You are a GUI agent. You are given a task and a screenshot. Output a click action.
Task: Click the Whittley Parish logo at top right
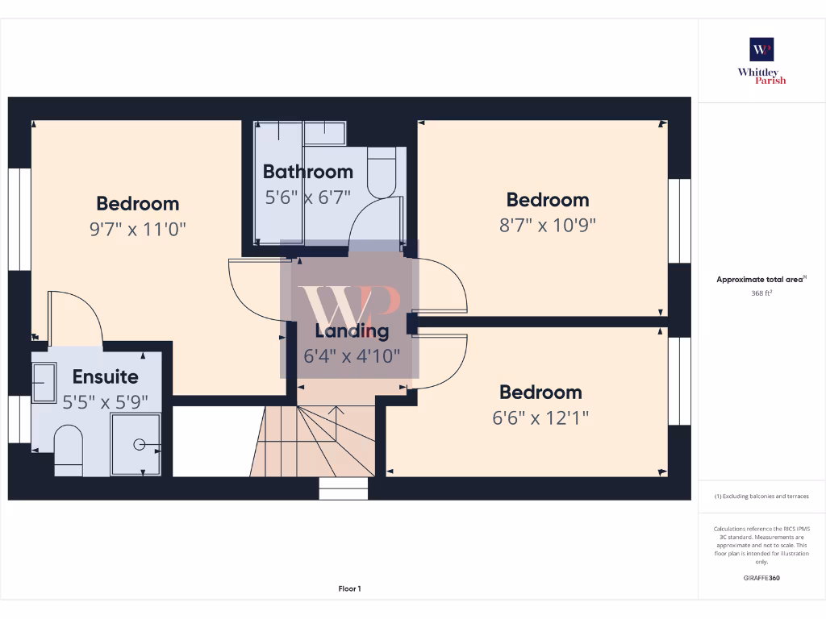pos(761,60)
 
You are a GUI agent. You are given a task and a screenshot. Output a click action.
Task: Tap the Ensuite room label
pos(105,376)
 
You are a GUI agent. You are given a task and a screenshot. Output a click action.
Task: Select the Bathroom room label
pos(307,172)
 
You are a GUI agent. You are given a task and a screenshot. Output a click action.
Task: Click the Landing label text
pos(351,330)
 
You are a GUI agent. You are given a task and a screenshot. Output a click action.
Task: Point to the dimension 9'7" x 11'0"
pos(137,228)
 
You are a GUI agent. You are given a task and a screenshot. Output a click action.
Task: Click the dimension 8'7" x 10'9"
pos(547,225)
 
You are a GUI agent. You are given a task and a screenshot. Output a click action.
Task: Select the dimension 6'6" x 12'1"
pos(540,418)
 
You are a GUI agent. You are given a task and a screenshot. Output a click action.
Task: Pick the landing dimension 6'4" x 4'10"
pos(351,355)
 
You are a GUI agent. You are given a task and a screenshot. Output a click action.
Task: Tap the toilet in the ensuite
pos(68,450)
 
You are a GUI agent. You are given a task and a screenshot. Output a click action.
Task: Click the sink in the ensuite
pos(44,380)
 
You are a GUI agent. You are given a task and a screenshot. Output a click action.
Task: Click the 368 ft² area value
pos(761,293)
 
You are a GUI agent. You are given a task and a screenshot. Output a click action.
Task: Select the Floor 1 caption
pos(349,589)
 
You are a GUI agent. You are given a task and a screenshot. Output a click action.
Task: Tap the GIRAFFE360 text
pos(761,578)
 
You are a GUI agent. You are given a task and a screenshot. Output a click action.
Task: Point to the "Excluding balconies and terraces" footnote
pos(761,496)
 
